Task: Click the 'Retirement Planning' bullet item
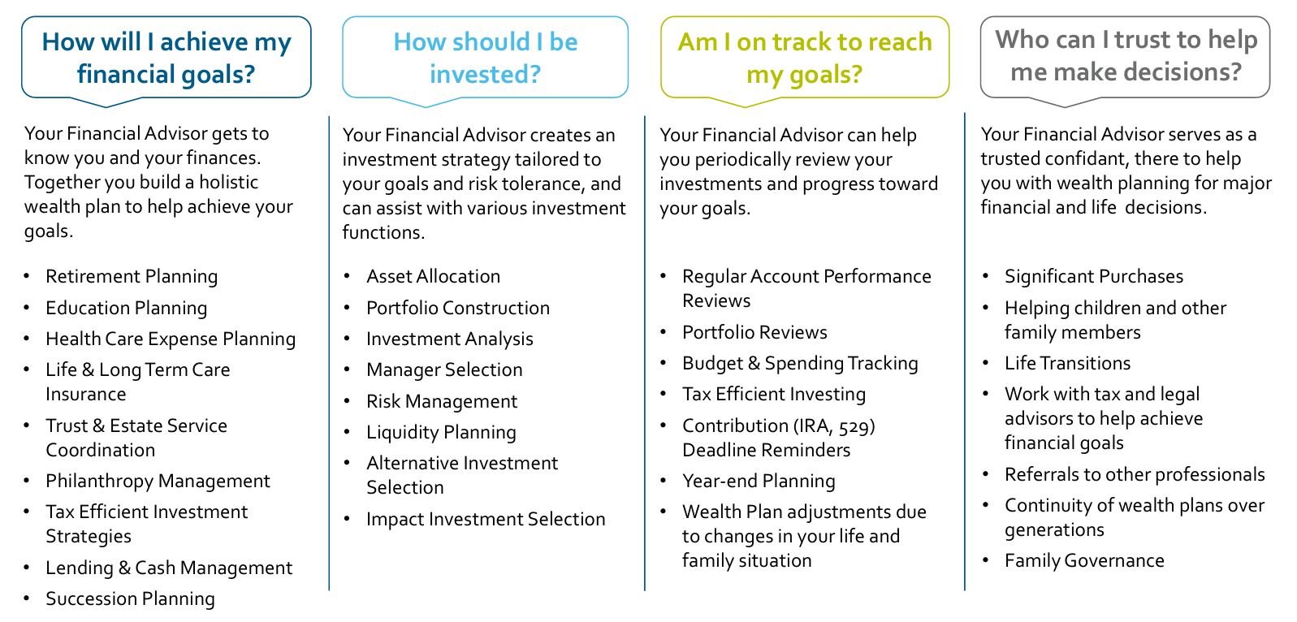point(132,277)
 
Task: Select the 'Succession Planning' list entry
point(130,598)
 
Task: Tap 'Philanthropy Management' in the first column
point(158,482)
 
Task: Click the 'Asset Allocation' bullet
point(433,276)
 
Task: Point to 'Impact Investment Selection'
point(486,519)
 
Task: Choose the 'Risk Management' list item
point(442,401)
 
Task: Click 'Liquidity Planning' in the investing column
point(441,433)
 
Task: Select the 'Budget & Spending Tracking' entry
point(800,364)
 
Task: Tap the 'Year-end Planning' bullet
point(759,482)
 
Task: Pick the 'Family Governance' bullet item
point(1084,560)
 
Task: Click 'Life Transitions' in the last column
point(1068,363)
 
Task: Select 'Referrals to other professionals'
point(1135,474)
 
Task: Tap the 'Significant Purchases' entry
point(1094,277)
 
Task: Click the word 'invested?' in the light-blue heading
point(485,74)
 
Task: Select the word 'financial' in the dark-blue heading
point(136,74)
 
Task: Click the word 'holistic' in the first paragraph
point(229,182)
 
